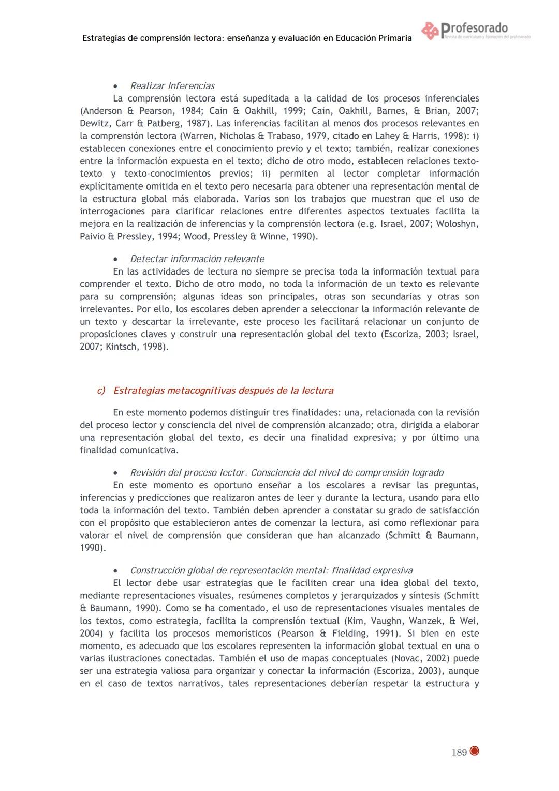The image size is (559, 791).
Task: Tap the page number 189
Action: pyautogui.click(x=459, y=753)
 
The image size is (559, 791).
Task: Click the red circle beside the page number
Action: pyautogui.click(x=475, y=752)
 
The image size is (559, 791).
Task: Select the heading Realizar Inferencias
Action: pyautogui.click(x=172, y=86)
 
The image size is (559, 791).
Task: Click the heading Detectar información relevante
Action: pyautogui.click(x=197, y=259)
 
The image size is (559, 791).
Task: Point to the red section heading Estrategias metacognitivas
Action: pyautogui.click(x=223, y=391)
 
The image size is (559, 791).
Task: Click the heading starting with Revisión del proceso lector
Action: pyautogui.click(x=287, y=473)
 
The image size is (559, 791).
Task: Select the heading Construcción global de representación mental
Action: pyautogui.click(x=271, y=571)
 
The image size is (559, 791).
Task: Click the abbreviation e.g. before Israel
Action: pyautogui.click(x=367, y=224)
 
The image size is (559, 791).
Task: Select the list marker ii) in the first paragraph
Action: pyautogui.click(x=266, y=174)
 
